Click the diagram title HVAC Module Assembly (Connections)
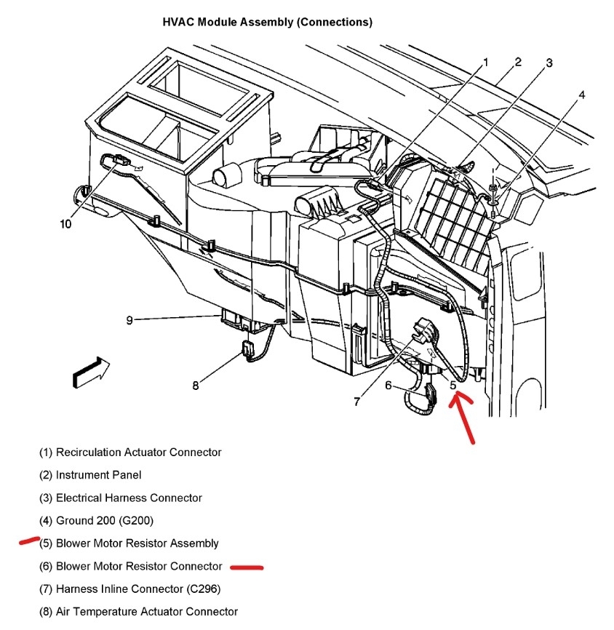(267, 23)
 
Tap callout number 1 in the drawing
(486, 63)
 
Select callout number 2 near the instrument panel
(518, 62)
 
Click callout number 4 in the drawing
(582, 95)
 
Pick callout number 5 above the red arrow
(453, 386)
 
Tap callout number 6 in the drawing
(388, 386)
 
